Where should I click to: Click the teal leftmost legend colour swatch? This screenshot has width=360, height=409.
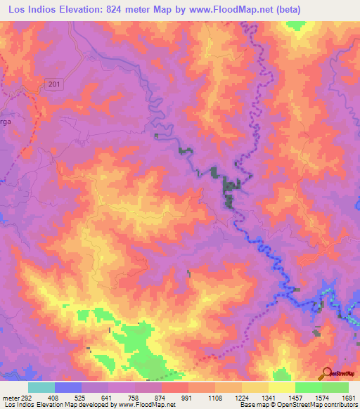click(x=41, y=387)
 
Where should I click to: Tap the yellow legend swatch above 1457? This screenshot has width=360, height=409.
click(x=281, y=387)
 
